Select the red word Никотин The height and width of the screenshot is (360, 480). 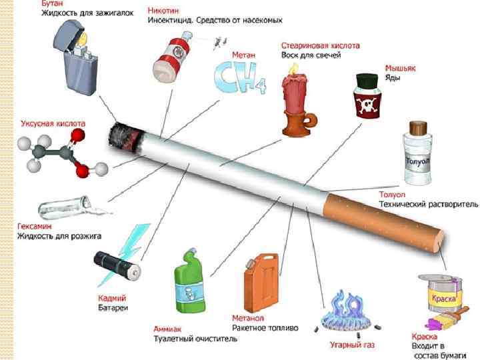coord(163,11)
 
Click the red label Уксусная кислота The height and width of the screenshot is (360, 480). coord(53,124)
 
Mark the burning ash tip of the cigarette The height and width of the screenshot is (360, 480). coord(127,134)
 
